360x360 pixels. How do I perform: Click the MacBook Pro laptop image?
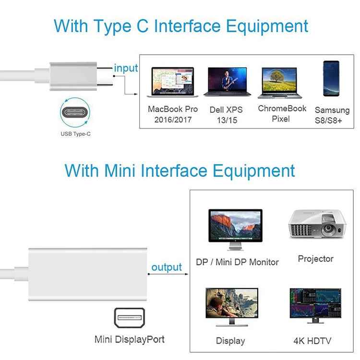pos(172,82)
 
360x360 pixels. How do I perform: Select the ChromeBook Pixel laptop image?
pos(280,83)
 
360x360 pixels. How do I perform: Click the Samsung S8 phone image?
pos(331,79)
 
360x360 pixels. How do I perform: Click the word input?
pos(126,68)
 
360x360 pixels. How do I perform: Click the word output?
pos(167,267)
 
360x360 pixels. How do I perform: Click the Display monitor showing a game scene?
pos(231,306)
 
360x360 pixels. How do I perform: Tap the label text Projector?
pos(315,259)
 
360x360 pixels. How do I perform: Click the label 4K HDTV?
pos(312,341)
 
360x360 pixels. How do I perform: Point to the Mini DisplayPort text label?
pos(129,339)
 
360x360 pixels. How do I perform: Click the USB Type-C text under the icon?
pos(75,134)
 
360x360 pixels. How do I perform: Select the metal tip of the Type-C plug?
pos(104,75)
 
